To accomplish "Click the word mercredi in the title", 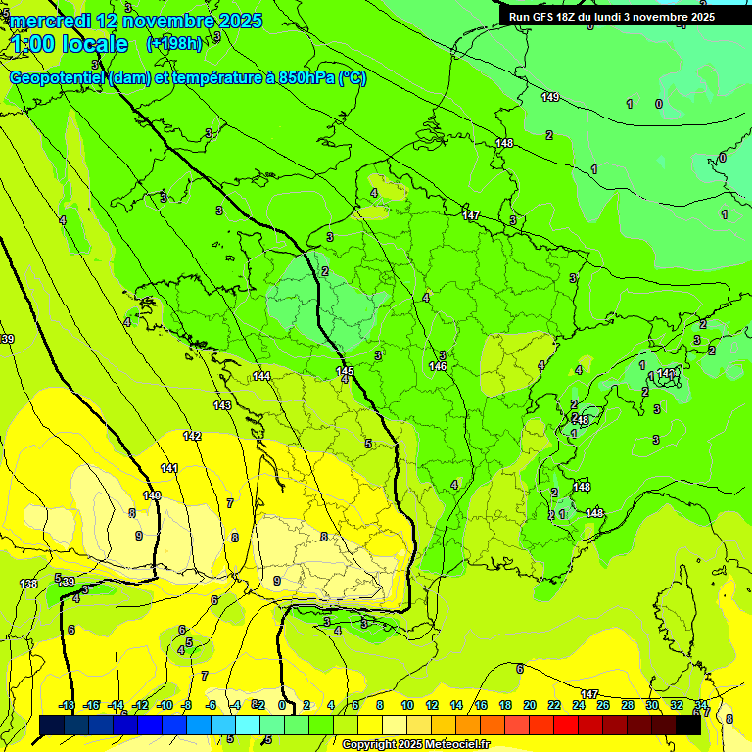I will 50,21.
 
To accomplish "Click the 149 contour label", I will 550,97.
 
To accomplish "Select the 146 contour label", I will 438,366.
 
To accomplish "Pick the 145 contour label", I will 345,371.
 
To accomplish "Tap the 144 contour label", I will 261,376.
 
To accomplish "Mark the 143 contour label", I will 222,405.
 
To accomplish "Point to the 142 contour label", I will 192,436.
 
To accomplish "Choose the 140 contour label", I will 151,495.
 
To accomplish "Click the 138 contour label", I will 29,584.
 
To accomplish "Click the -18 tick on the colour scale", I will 67,705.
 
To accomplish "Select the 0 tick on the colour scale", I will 282,705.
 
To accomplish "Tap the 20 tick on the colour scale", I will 529,705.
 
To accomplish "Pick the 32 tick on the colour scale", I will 677,705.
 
